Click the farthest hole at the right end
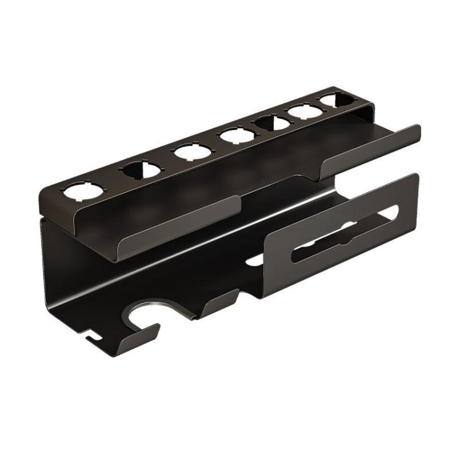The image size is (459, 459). [x=331, y=99]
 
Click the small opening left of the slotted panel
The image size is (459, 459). [x=254, y=259]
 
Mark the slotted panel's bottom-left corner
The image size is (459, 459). [x=264, y=296]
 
